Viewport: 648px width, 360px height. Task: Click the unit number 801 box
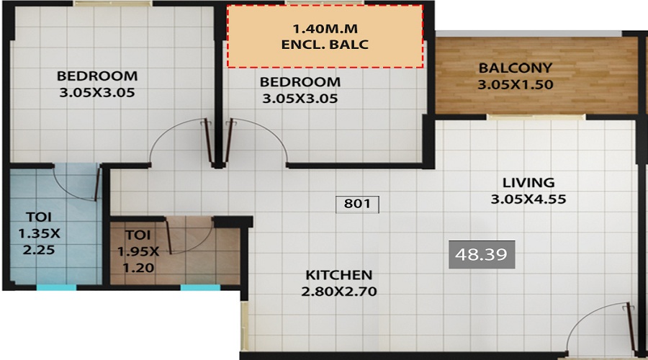point(357,204)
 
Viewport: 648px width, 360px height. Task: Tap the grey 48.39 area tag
point(482,254)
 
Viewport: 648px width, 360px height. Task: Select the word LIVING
point(528,182)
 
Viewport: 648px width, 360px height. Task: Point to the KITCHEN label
point(339,275)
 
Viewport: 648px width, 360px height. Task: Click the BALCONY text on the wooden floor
point(516,68)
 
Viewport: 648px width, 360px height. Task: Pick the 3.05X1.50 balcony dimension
point(516,85)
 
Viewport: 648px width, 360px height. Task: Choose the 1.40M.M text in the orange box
point(325,29)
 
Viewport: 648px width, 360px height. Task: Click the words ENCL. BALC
point(325,45)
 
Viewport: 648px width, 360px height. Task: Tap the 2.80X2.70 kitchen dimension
point(339,292)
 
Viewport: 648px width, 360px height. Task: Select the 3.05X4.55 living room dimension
point(528,199)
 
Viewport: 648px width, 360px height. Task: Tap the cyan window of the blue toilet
point(56,287)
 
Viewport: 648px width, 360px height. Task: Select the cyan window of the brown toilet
point(200,287)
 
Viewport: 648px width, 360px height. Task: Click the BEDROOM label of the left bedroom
point(97,76)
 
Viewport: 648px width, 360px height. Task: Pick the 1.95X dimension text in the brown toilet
point(138,251)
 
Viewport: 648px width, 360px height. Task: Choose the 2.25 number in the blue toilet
point(39,250)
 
